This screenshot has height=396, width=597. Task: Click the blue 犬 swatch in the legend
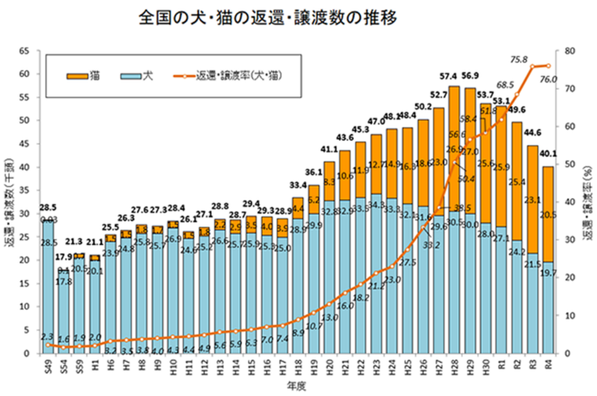point(130,75)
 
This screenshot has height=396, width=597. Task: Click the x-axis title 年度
point(297,385)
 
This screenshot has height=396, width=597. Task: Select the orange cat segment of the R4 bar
point(548,215)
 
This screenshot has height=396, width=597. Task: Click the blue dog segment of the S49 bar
point(49,292)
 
